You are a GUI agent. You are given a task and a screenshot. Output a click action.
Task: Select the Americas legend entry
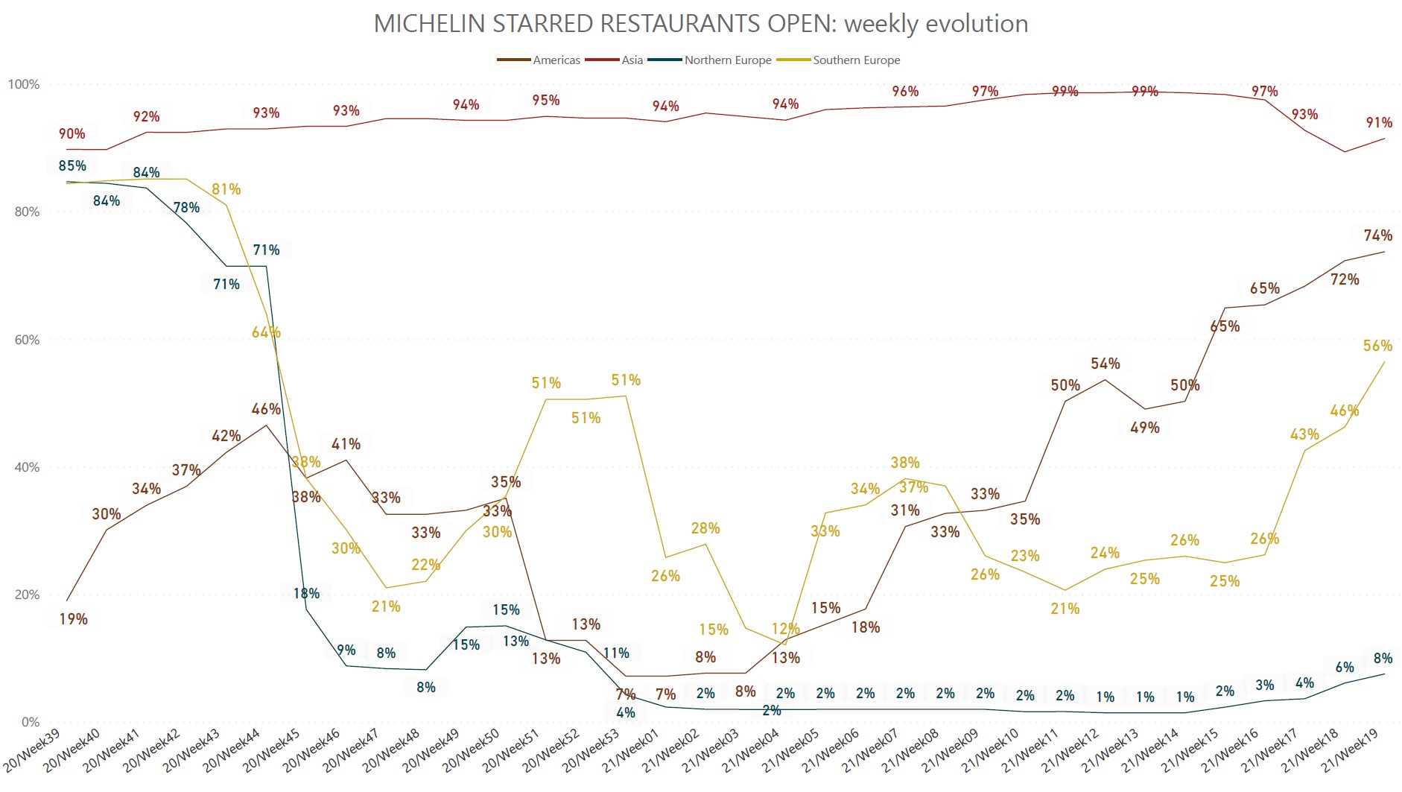556,60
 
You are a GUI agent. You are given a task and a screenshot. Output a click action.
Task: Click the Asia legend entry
632,60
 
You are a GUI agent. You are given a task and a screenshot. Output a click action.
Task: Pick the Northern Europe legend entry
727,60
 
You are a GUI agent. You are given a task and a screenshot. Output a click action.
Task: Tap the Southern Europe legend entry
856,60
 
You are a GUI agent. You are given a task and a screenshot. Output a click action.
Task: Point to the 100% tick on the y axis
24,84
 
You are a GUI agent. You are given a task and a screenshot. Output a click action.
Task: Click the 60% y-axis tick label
27,340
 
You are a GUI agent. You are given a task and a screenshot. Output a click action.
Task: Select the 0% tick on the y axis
31,722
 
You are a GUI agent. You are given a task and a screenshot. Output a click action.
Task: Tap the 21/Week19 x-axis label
1350,751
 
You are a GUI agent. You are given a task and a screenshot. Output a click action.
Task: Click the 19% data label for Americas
74,619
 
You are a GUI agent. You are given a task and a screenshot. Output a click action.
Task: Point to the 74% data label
1377,235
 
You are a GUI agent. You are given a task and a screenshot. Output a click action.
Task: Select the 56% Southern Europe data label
1377,346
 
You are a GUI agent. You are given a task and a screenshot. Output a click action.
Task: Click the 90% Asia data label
72,134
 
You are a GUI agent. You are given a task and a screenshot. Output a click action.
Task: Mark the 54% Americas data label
1105,364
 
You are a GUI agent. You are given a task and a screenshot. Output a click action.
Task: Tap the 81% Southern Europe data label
226,189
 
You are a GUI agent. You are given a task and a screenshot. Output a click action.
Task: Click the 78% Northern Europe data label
186,207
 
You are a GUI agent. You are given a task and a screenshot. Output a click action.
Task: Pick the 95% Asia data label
546,101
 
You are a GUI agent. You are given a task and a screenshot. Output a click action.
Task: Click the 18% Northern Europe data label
306,594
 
